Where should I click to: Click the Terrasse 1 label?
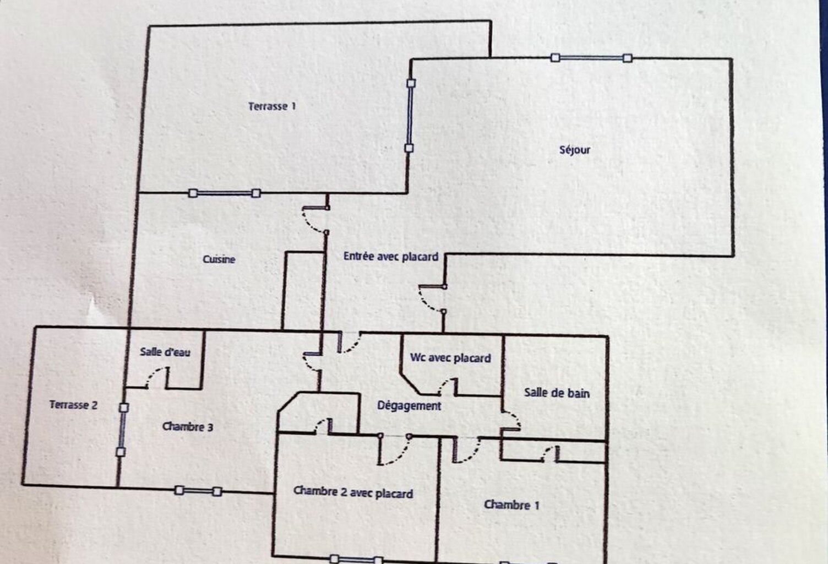pyautogui.click(x=272, y=106)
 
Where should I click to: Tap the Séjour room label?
pyautogui.click(x=574, y=150)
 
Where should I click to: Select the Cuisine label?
pyautogui.click(x=219, y=259)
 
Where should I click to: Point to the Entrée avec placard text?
pyautogui.click(x=391, y=256)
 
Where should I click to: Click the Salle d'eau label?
pyautogui.click(x=165, y=352)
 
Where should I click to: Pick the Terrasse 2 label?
pyautogui.click(x=73, y=405)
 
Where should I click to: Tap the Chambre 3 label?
pyautogui.click(x=187, y=427)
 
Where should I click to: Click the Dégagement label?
pyautogui.click(x=409, y=406)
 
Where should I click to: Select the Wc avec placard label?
pyautogui.click(x=450, y=358)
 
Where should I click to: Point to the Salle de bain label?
pyautogui.click(x=557, y=393)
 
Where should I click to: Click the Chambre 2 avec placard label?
pyautogui.click(x=353, y=492)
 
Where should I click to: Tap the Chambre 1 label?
pyautogui.click(x=511, y=505)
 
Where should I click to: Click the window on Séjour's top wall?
pyautogui.click(x=591, y=58)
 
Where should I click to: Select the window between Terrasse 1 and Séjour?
pyautogui.click(x=410, y=116)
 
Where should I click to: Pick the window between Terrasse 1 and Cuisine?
pyautogui.click(x=225, y=193)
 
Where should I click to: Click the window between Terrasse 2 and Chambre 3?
pyautogui.click(x=122, y=430)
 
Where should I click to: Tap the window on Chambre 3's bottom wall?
pyautogui.click(x=198, y=491)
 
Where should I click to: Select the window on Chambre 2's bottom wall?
pyautogui.click(x=356, y=559)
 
